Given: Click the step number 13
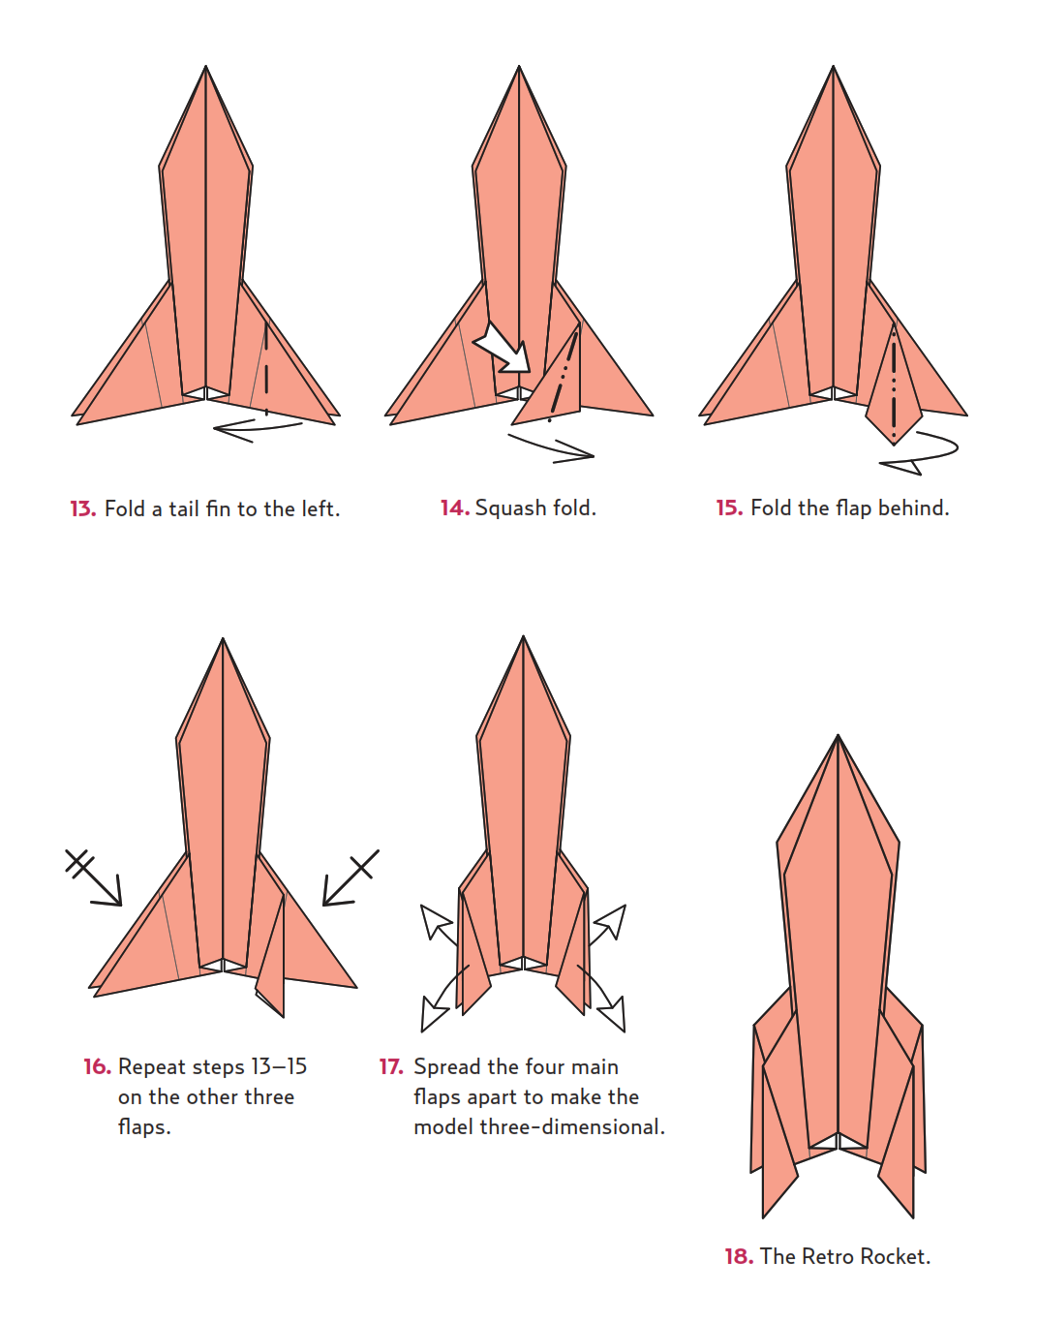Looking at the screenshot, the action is [x=82, y=508].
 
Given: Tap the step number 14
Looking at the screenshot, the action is [x=455, y=508].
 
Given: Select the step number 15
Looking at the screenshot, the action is [x=729, y=508].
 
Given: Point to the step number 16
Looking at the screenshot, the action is [x=98, y=1066].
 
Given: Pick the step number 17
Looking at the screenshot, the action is [x=391, y=1066].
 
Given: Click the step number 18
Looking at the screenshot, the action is [x=739, y=1256].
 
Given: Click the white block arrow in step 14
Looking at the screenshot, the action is [x=503, y=349].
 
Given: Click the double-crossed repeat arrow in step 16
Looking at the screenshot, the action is [x=93, y=877].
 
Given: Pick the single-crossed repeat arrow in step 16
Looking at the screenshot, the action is [x=351, y=877].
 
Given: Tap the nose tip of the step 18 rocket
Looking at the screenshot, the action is [x=838, y=735].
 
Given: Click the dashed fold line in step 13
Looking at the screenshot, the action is [x=266, y=368].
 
